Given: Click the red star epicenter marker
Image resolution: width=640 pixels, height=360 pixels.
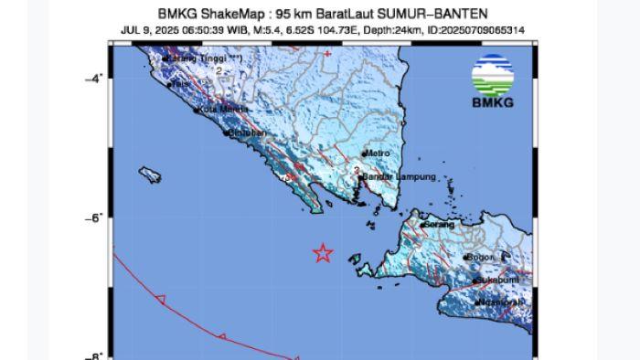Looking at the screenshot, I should click(322, 253).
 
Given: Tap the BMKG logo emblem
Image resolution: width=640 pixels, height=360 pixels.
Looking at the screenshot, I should click(492, 76).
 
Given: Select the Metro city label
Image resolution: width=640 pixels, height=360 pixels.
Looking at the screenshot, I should click(379, 154).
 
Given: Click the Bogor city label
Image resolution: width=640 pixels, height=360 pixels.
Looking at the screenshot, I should click(482, 258).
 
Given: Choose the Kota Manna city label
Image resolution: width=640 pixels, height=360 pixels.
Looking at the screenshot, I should click(219, 111).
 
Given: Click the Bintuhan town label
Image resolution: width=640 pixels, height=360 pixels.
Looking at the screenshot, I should click(249, 133).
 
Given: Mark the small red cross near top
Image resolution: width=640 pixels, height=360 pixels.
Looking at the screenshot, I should click(326, 53).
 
